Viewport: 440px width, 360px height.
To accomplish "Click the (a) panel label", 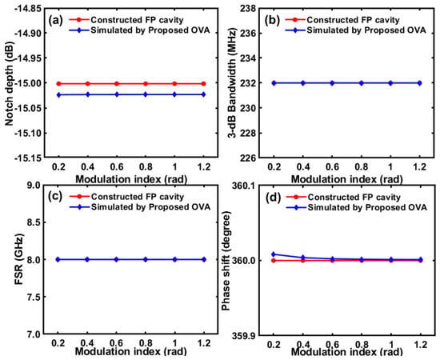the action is click(x=54, y=21).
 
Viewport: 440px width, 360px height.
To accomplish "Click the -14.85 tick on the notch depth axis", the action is click(x=28, y=9).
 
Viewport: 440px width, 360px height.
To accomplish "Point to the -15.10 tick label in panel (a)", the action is click(x=28, y=133).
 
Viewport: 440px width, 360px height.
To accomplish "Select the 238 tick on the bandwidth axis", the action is click(x=248, y=9).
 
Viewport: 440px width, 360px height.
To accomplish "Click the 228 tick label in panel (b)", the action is click(x=248, y=133).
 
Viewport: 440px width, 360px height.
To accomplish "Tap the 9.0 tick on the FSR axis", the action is click(x=35, y=186).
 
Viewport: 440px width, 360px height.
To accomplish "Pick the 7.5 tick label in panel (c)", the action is click(x=35, y=297).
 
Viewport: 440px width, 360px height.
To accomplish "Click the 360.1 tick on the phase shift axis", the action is click(x=245, y=186).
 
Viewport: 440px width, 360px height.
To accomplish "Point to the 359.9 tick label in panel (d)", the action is click(x=245, y=335).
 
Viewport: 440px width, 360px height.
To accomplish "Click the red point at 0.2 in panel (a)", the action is click(x=58, y=84).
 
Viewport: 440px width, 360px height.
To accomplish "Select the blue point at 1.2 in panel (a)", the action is click(x=204, y=94).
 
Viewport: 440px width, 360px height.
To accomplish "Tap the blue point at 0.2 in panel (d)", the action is click(x=274, y=254).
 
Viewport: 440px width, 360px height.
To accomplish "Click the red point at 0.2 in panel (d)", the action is click(x=274, y=261).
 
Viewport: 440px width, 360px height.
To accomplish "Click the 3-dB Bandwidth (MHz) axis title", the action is click(x=232, y=83).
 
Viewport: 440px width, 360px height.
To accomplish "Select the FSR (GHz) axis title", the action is click(x=18, y=259).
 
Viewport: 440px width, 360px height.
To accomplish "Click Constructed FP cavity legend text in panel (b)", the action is click(x=353, y=20).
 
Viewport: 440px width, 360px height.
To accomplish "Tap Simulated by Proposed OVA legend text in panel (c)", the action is click(x=150, y=207).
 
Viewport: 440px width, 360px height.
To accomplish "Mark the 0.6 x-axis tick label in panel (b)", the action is click(x=332, y=167).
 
